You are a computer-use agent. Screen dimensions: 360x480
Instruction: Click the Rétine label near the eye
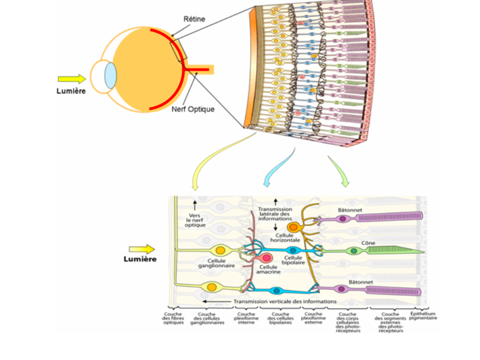coord(194,19)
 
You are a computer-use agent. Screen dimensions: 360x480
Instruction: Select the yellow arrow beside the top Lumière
coord(72,79)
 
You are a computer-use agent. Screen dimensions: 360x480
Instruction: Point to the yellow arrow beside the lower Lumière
coord(142,250)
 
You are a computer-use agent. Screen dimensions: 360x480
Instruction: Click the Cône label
coord(368,242)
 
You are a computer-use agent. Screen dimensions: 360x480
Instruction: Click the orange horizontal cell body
coord(293,227)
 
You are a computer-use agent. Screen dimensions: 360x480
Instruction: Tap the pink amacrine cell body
coord(267,258)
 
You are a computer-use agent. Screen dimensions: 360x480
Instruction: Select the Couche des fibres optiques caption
coord(173,319)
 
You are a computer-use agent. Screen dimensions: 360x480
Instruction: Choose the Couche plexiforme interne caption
coord(245,319)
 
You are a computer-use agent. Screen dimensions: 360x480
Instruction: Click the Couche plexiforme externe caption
coord(313,319)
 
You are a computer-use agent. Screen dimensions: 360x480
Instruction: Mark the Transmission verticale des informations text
coord(285,301)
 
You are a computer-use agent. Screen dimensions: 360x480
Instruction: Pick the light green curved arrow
coord(338,171)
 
